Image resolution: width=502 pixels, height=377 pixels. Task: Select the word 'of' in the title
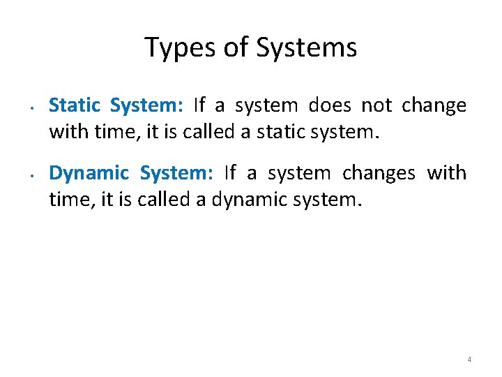tap(235, 47)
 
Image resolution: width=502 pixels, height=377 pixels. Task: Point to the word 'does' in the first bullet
tap(329, 105)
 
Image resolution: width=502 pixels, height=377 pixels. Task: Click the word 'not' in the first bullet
tap(377, 105)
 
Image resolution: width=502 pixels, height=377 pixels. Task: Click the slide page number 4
tap(469, 360)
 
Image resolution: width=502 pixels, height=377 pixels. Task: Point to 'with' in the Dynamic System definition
tap(446, 173)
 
